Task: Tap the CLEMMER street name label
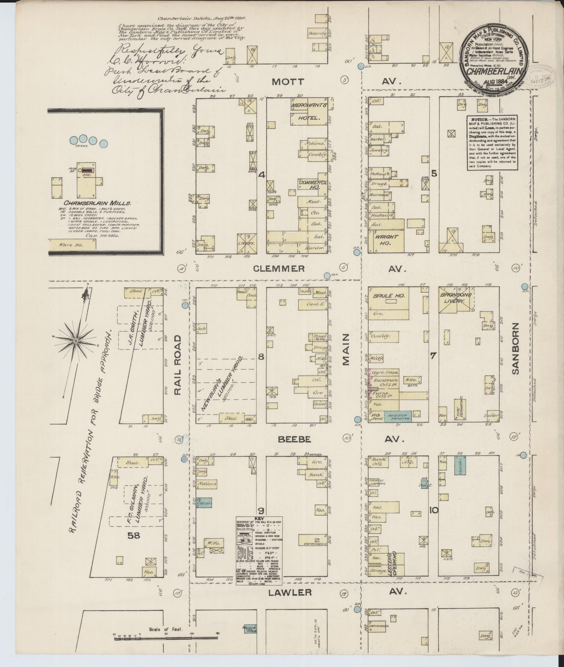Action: [279, 268]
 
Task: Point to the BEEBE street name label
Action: [294, 439]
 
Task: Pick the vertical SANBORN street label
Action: [516, 348]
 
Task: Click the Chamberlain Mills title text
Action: [97, 203]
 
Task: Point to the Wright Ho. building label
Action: [386, 239]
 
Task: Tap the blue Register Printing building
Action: [398, 416]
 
